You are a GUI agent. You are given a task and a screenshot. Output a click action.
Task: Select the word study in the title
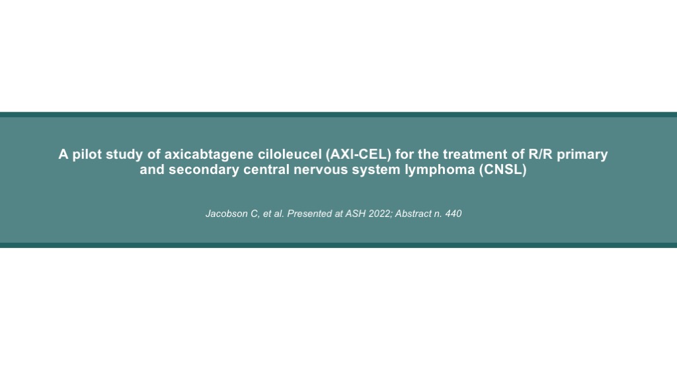pyautogui.click(x=124, y=155)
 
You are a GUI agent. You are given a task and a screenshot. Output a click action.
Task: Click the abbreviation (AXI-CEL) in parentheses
pyautogui.click(x=359, y=155)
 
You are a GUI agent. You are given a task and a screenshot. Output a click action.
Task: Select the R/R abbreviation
pyautogui.click(x=541, y=154)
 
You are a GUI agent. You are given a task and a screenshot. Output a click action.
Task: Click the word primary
pyautogui.click(x=582, y=155)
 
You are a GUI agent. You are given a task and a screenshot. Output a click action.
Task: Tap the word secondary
pyautogui.click(x=204, y=170)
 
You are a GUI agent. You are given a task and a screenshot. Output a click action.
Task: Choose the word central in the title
pyautogui.click(x=266, y=169)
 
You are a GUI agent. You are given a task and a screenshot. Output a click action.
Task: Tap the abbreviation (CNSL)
pyautogui.click(x=503, y=170)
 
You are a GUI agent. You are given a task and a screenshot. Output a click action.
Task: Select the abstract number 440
pyautogui.click(x=454, y=214)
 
